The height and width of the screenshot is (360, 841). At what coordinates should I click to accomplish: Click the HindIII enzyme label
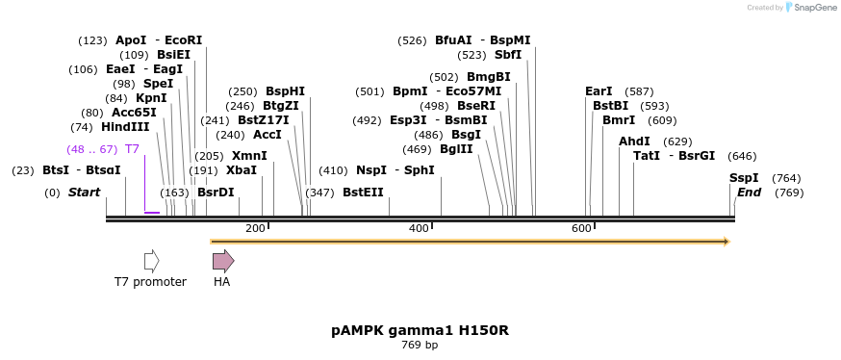[x=125, y=127]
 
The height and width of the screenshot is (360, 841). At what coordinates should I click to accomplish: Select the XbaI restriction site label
[x=242, y=170]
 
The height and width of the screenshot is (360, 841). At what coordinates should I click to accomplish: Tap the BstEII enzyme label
[x=363, y=193]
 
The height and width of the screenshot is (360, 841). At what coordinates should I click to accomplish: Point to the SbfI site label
[x=508, y=55]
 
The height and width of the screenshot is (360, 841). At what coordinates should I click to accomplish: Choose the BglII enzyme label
[x=456, y=149]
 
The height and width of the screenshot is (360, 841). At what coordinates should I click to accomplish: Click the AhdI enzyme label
[x=634, y=141]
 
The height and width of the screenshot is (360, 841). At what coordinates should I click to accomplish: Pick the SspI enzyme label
[x=744, y=178]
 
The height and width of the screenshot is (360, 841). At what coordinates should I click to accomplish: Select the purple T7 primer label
[x=132, y=149]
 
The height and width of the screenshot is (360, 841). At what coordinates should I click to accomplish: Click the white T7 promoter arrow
[x=151, y=261]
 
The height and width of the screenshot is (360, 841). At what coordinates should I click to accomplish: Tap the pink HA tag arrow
[x=223, y=261]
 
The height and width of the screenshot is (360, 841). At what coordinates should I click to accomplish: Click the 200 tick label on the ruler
[x=255, y=228]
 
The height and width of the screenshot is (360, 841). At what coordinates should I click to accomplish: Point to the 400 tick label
[x=419, y=228]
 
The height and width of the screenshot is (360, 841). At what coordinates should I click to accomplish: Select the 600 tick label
[x=581, y=228]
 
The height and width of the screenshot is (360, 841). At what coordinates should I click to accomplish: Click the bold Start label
[x=84, y=193]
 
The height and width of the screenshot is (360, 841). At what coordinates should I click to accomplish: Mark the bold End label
[x=749, y=193]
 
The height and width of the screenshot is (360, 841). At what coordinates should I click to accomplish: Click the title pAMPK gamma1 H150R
[x=420, y=330]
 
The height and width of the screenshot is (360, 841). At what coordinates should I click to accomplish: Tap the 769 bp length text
[x=420, y=345]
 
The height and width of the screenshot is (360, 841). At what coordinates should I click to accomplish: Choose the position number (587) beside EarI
[x=639, y=91]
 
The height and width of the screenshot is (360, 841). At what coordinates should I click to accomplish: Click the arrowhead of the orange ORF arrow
[x=726, y=241]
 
